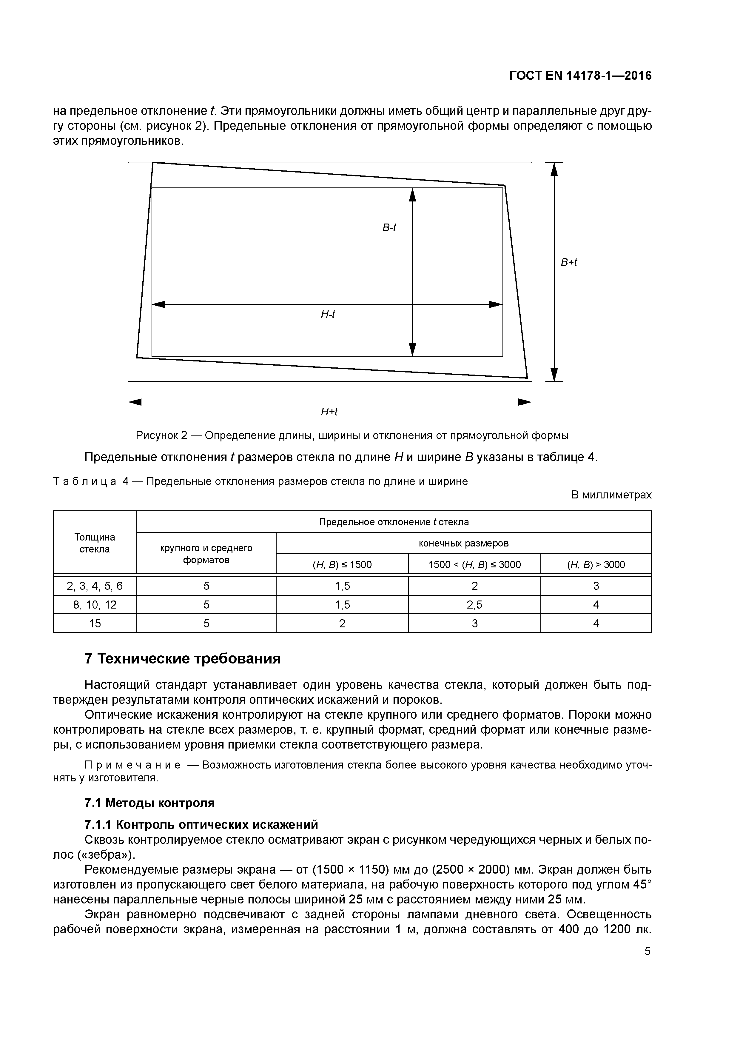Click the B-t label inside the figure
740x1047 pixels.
389,227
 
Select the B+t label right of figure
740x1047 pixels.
568,263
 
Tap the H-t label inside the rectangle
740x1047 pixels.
327,315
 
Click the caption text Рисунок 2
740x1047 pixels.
162,435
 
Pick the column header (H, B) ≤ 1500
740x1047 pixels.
342,565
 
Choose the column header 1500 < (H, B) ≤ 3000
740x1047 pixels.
474,565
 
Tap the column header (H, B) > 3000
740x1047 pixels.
596,565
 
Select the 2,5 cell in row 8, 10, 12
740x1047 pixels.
474,605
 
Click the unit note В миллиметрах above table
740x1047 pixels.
611,495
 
